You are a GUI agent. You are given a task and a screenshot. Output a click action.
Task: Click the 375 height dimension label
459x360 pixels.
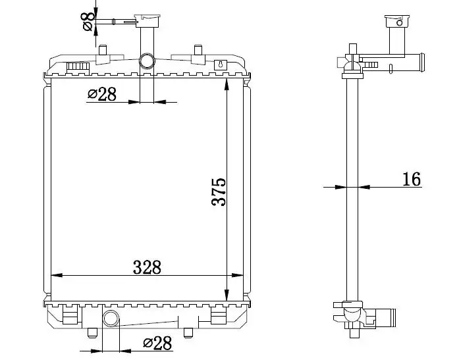pos(219,192)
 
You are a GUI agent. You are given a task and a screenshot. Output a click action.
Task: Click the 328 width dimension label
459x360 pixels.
pos(147,267)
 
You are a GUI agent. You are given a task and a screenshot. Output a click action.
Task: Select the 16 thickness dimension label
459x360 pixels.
pos(412,179)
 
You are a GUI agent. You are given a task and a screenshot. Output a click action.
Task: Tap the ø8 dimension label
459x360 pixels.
pos(88,21)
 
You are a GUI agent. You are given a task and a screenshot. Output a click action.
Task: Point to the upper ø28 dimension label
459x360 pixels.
pos(102,94)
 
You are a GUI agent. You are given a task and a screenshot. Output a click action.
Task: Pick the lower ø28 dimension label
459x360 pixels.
pos(157,343)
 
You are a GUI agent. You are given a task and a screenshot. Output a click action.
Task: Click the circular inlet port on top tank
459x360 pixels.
pos(147,61)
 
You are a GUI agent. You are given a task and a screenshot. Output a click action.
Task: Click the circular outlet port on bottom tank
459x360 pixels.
pos(111,319)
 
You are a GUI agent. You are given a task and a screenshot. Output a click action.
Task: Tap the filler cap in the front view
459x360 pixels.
pos(147,21)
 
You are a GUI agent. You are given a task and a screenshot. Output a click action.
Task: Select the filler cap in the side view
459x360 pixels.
pos(397,21)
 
